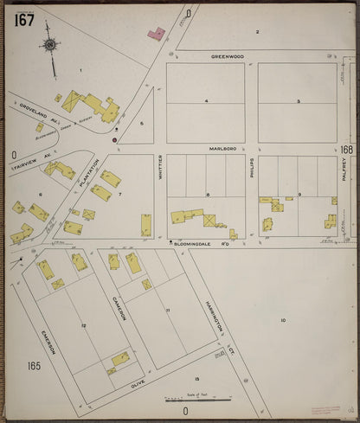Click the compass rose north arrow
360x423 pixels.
[50, 46]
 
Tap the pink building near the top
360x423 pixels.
[157, 34]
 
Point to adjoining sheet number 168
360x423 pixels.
[346, 150]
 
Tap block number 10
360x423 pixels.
[282, 320]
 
